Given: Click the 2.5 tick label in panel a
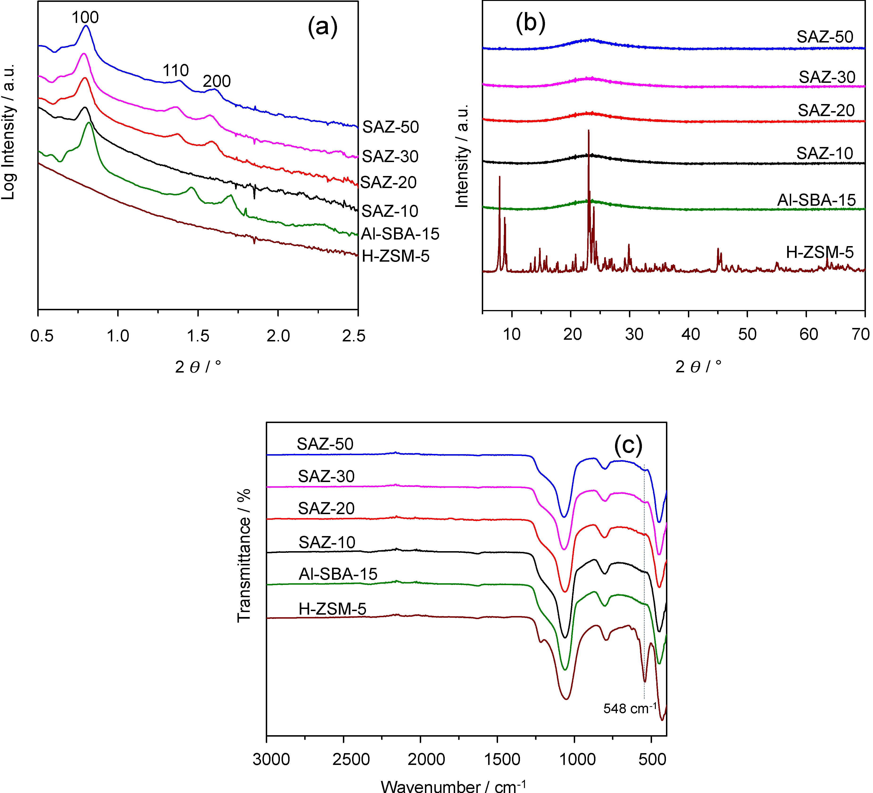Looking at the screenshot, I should pyautogui.click(x=353, y=336).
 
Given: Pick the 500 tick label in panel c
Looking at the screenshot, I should pyautogui.click(x=652, y=759).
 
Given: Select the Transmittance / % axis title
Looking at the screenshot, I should pyautogui.click(x=244, y=556).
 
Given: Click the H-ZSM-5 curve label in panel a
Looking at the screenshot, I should pyautogui.click(x=395, y=256).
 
